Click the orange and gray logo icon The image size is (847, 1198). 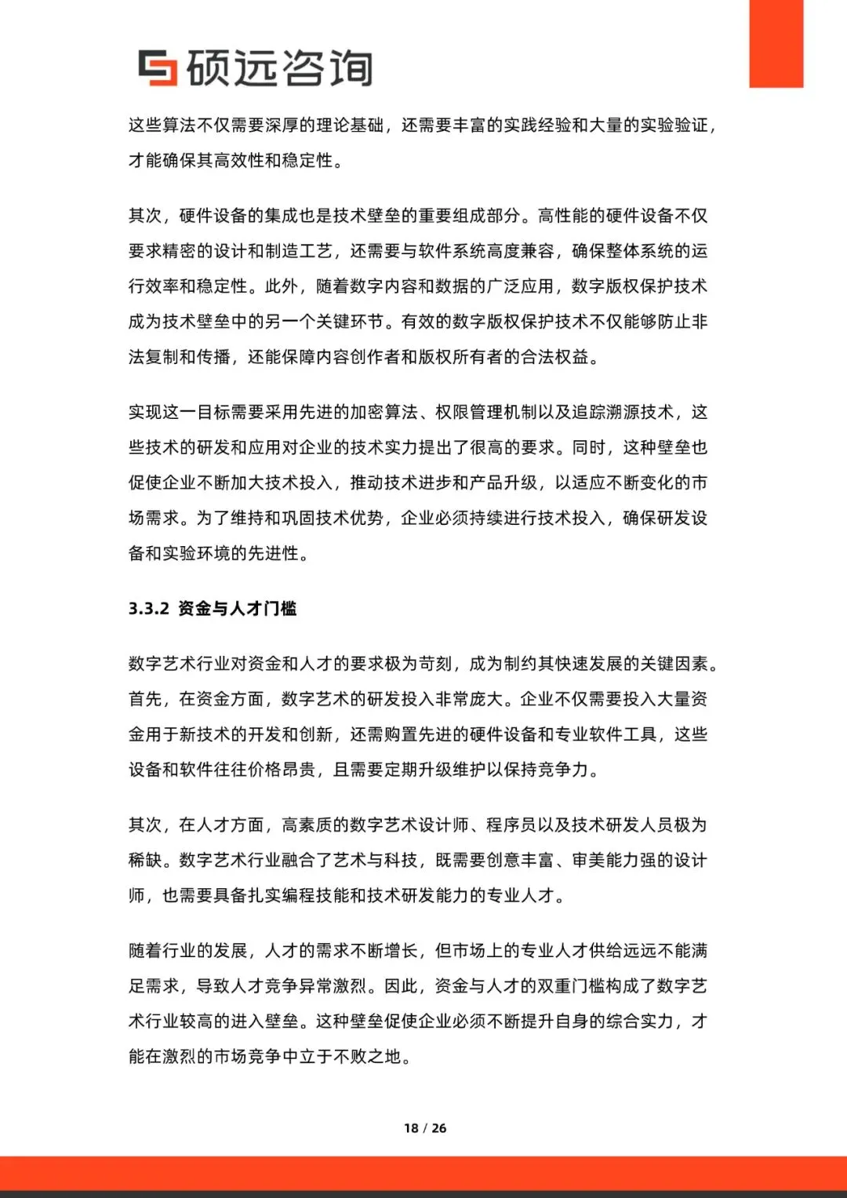[x=158, y=67]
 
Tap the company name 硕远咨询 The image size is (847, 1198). [x=279, y=68]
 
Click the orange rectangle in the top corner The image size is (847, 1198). [x=776, y=43]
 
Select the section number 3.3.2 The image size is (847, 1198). [x=148, y=609]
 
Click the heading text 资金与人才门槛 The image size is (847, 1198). [x=238, y=609]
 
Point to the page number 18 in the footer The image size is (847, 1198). [x=411, y=1128]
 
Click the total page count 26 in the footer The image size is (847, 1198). [x=439, y=1128]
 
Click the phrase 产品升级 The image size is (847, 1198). [x=503, y=483]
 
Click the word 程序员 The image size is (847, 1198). [x=511, y=825]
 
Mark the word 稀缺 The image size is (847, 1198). [x=145, y=861]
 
